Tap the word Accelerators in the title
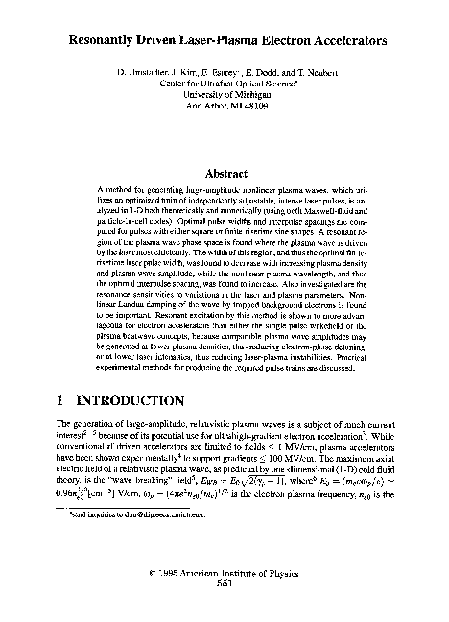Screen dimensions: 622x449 coord(344,42)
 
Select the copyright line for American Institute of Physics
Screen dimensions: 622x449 coord(225,573)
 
